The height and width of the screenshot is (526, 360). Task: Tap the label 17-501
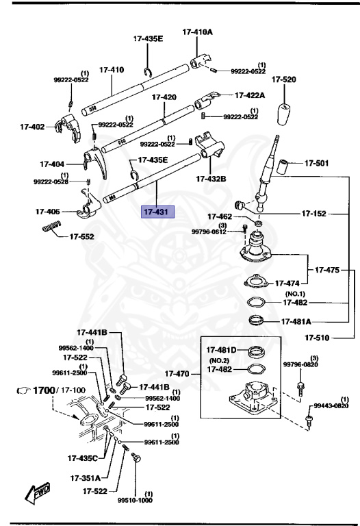(316, 163)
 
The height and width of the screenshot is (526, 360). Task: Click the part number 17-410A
(197, 32)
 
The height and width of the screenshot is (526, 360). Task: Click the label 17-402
(31, 127)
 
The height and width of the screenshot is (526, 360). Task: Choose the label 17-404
(52, 164)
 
